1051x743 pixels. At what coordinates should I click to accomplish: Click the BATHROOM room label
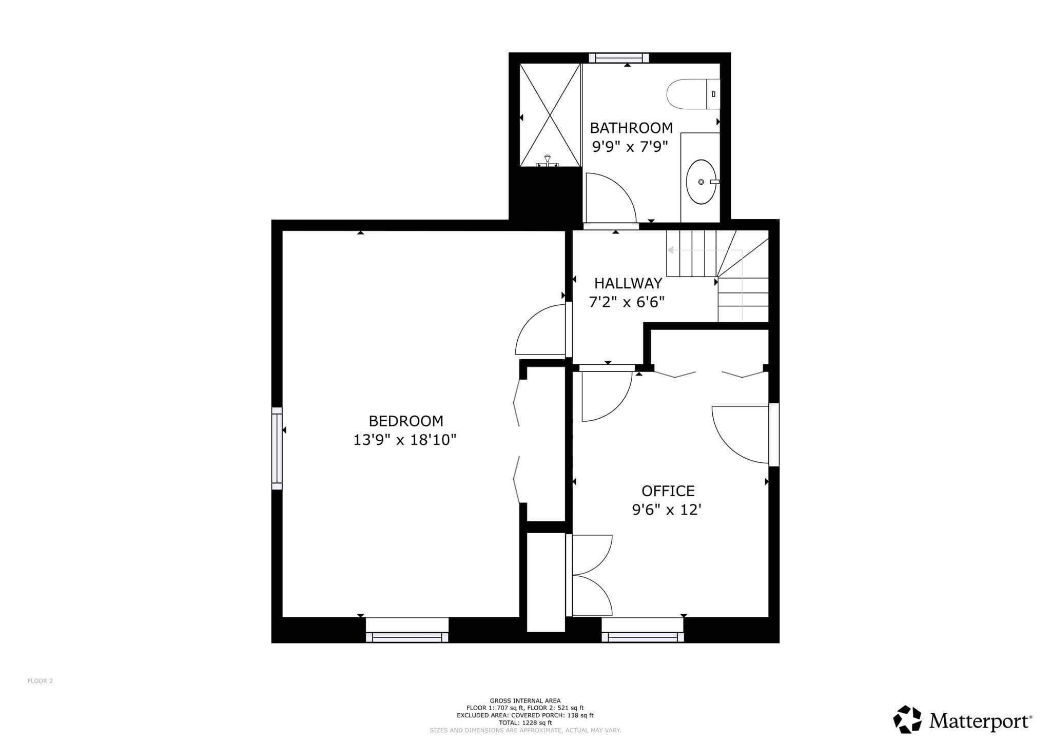coord(631,128)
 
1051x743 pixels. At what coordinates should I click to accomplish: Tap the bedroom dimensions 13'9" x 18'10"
coord(405,440)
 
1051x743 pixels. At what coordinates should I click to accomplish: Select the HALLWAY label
coord(628,283)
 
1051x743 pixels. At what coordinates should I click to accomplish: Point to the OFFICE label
coord(668,491)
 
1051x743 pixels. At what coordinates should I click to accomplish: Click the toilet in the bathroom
coord(693,94)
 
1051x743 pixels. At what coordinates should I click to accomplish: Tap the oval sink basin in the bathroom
coord(701,182)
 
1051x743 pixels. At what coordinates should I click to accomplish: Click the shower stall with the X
coord(550,115)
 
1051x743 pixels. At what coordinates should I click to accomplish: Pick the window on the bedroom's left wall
coord(277,448)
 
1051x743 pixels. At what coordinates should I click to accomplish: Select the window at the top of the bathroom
coord(619,58)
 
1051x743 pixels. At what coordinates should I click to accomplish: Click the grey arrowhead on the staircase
coord(670,250)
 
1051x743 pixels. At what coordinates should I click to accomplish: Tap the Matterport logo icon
coord(908,719)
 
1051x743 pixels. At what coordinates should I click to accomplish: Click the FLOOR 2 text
coord(40,681)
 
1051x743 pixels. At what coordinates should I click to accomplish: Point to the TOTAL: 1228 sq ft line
coord(525,722)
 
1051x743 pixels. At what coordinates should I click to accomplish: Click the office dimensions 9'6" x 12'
coord(667,510)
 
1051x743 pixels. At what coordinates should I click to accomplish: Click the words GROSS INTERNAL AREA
coord(525,701)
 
